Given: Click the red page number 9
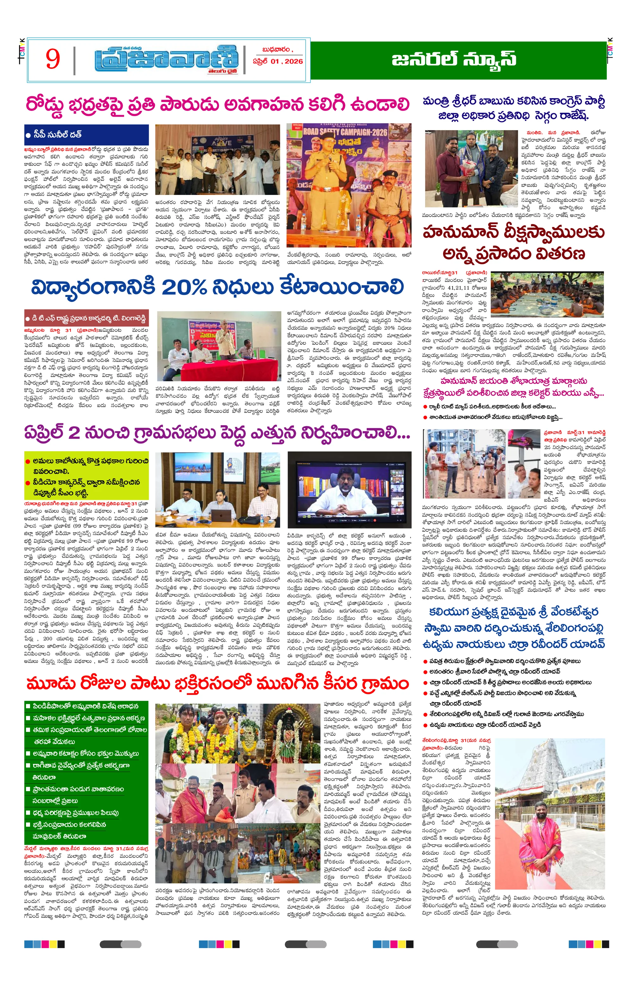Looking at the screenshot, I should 53,59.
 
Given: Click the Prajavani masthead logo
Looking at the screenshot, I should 166,61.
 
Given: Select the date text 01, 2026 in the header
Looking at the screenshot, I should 283,62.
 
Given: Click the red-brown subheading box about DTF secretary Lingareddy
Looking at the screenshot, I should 85,319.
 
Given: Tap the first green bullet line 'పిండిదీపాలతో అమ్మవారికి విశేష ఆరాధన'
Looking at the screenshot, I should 85,706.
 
